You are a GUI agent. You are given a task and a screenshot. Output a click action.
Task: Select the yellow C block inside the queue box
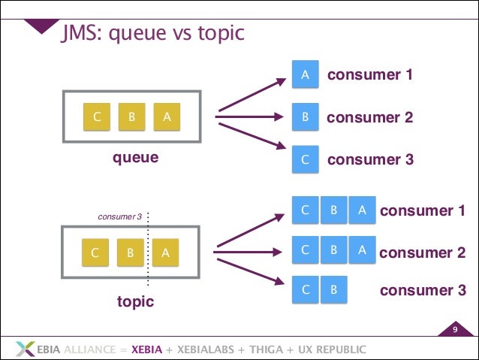tap(97, 117)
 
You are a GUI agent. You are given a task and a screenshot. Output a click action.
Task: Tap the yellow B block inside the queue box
tap(131, 117)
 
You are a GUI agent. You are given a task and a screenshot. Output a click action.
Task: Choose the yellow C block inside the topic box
tap(95, 253)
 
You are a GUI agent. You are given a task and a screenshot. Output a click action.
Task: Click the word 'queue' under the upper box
tap(135, 158)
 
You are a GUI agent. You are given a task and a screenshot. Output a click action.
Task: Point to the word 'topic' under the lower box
tap(135, 301)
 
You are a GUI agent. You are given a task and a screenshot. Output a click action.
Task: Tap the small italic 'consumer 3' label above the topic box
tap(120, 217)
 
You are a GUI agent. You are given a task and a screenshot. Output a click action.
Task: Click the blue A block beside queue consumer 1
tap(305, 75)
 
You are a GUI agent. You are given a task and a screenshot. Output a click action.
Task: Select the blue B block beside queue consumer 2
tap(305, 117)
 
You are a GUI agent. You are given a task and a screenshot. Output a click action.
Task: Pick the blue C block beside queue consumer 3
tap(305, 159)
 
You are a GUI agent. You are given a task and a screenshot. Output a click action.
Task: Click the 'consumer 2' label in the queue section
tap(369, 117)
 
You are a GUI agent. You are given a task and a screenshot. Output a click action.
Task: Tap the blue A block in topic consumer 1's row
tap(362, 211)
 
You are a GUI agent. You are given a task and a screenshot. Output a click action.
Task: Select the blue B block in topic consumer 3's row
tap(334, 289)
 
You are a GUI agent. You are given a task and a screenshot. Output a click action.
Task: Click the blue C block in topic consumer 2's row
tap(305, 250)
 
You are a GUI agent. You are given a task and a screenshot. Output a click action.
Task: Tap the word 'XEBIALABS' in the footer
tap(209, 349)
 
